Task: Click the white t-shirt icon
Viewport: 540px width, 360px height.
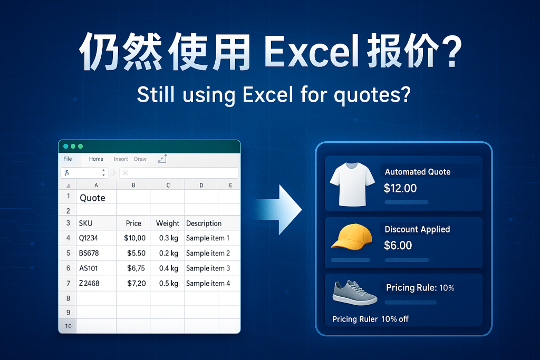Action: point(352,184)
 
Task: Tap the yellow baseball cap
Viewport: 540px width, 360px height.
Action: point(352,237)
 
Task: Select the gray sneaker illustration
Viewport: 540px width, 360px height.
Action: point(355,293)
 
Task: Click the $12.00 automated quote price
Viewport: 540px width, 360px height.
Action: point(400,188)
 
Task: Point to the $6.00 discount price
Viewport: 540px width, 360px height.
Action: point(398,246)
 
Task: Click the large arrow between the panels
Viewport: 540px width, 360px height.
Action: point(278,210)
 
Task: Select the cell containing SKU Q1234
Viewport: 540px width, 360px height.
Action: point(89,238)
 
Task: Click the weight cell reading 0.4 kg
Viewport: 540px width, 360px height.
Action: point(168,268)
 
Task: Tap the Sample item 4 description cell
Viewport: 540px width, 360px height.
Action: point(208,284)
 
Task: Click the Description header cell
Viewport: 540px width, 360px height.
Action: point(204,223)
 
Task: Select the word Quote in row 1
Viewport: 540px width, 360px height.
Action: point(92,198)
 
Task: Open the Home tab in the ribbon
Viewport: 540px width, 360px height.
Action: point(96,159)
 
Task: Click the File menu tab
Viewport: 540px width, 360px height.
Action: point(67,159)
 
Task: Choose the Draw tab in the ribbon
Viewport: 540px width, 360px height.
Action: point(140,159)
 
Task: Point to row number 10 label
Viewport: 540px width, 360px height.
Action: point(68,326)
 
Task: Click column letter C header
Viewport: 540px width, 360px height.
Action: point(168,185)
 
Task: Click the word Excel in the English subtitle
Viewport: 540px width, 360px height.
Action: point(267,95)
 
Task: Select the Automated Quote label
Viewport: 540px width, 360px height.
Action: point(418,172)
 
